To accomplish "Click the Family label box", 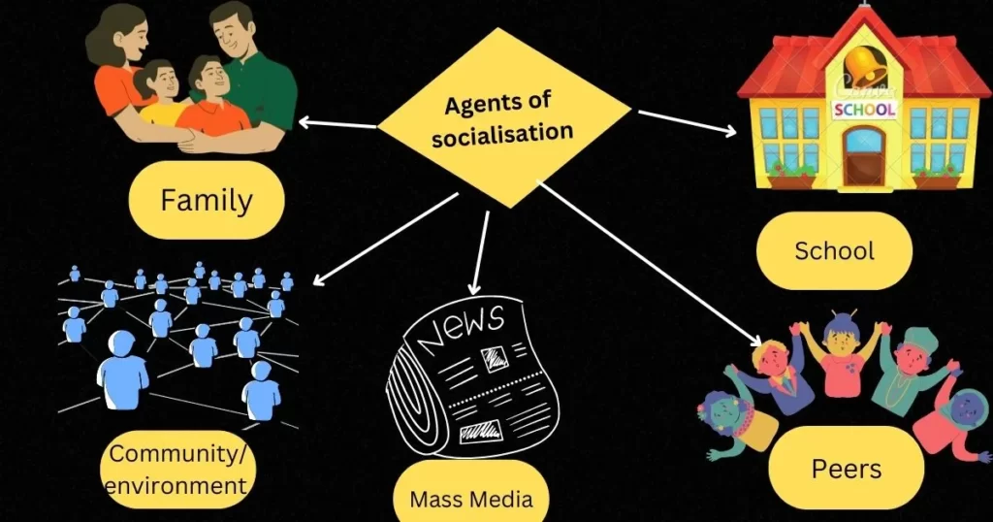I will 206,200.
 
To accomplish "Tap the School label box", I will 834,250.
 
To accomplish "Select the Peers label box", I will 846,470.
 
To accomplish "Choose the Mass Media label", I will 471,499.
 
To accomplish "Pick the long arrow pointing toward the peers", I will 650,262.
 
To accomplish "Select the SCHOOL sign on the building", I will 865,109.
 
